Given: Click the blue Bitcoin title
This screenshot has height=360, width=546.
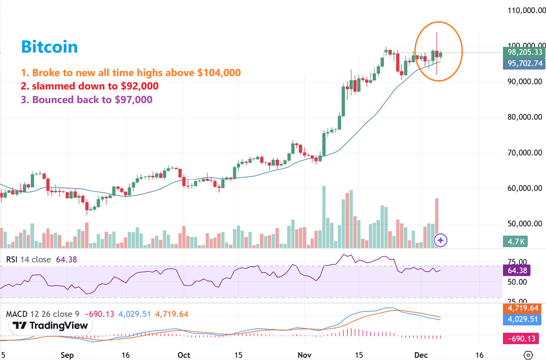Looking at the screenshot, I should pos(50,47).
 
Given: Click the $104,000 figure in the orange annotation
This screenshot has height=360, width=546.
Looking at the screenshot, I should pos(219,73).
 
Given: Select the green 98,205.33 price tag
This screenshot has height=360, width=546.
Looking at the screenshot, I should pos(525,52).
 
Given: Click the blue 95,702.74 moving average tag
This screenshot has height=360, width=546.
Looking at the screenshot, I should pos(525,63).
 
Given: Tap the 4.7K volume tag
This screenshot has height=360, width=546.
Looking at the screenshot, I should pos(515,241).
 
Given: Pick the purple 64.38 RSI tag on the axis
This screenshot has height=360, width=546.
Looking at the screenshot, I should pos(517,271).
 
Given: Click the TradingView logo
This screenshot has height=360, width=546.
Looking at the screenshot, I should pos(50,326).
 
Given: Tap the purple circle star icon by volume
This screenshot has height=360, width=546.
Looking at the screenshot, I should pos(440,240).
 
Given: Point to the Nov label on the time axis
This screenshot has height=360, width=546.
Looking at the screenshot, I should pos(304,355).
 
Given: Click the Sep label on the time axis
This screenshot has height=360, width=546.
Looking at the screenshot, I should pos(67,355).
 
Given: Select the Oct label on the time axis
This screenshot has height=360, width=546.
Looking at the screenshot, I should pos(184,355).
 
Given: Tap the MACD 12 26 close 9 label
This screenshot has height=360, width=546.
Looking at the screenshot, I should pos(43,314).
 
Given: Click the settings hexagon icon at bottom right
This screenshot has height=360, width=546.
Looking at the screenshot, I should pos(528,355).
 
